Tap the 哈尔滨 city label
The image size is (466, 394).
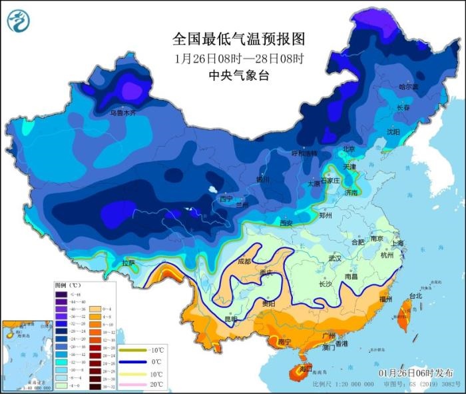409,87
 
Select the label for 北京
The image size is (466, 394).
349,148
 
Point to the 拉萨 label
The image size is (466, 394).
128,263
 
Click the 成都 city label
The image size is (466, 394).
244,261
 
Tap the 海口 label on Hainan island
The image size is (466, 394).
306,369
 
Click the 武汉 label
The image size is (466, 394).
334,258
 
